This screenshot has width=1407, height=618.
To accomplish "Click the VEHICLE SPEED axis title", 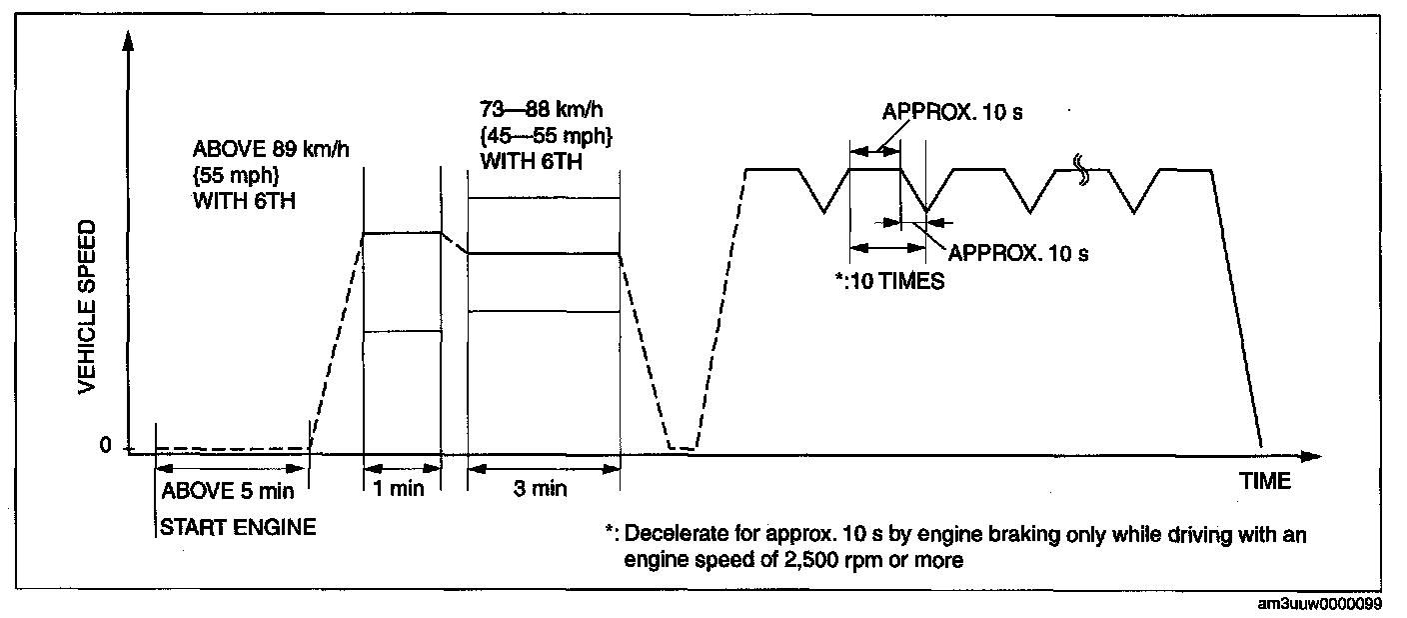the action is pyautogui.click(x=89, y=305).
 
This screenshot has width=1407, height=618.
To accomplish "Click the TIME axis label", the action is pyautogui.click(x=1265, y=481).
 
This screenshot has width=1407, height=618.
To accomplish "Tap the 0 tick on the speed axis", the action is pyautogui.click(x=106, y=446).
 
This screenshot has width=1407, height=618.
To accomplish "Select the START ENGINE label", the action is pyautogui.click(x=238, y=526).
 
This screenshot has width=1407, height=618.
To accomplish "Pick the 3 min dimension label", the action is pyautogui.click(x=543, y=489).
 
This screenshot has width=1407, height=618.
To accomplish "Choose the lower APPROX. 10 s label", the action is pyautogui.click(x=1017, y=253).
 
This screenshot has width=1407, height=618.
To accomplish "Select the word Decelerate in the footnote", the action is pyautogui.click(x=671, y=535).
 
